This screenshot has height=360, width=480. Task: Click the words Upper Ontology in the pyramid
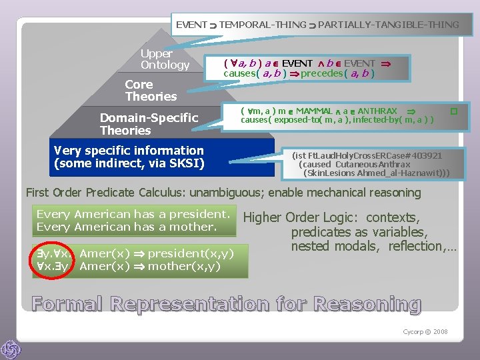point(165,59)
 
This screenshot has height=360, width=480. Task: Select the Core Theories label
point(151,91)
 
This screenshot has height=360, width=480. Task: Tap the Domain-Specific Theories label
point(149,124)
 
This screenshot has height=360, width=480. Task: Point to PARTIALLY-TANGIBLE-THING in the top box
point(389,25)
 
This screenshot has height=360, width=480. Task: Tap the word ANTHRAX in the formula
point(377,111)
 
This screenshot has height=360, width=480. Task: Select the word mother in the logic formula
point(171,267)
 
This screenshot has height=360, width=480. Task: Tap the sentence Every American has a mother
point(127,227)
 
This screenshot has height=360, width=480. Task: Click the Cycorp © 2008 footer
point(426,331)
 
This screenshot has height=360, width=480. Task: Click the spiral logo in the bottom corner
point(11,349)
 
